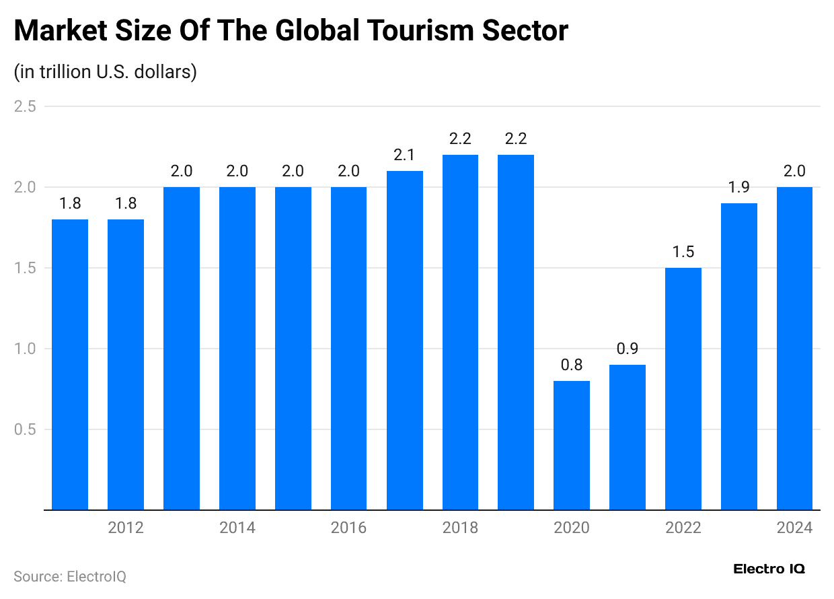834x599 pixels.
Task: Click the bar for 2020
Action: (572, 446)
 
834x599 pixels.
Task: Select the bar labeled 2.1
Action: (405, 341)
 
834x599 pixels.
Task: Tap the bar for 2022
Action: (683, 389)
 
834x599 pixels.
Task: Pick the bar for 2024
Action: (794, 349)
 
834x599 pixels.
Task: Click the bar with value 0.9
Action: (628, 437)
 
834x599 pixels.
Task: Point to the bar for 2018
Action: (460, 332)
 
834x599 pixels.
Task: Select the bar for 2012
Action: (126, 365)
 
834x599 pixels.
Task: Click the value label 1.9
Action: (739, 188)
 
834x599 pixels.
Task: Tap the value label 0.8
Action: (572, 365)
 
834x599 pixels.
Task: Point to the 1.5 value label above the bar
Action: (683, 252)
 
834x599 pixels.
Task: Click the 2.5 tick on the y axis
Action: (25, 106)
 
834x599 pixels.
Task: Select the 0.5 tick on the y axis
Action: (25, 429)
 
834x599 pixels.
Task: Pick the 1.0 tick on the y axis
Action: (25, 349)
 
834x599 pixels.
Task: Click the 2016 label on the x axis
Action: (348, 528)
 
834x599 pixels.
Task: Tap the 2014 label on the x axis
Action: (237, 528)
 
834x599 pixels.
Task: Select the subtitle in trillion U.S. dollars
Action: (105, 71)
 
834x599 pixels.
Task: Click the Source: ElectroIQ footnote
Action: (70, 577)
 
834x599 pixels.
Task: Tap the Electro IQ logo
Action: (769, 569)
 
